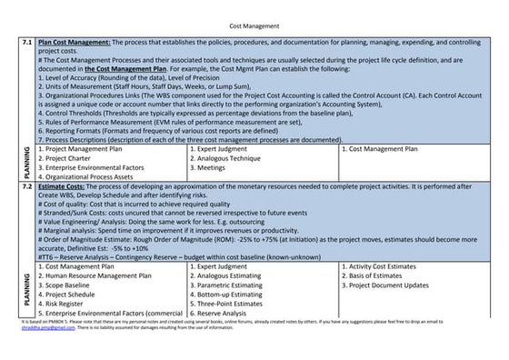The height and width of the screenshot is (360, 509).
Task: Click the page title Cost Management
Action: (254, 26)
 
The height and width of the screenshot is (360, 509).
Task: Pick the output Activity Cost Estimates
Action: (390, 266)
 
